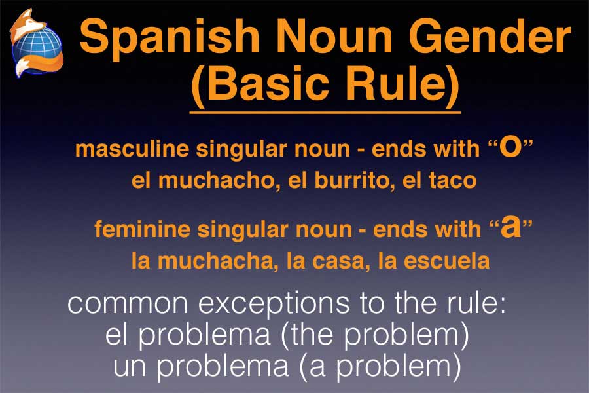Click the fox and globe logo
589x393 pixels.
tap(37, 43)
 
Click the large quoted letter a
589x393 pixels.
tap(511, 227)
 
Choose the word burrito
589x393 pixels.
tap(353, 181)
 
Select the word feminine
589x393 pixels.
tap(143, 229)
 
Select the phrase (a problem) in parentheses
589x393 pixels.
tap(380, 366)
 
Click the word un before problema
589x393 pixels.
tap(130, 367)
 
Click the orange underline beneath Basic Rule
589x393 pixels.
tap(325, 112)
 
